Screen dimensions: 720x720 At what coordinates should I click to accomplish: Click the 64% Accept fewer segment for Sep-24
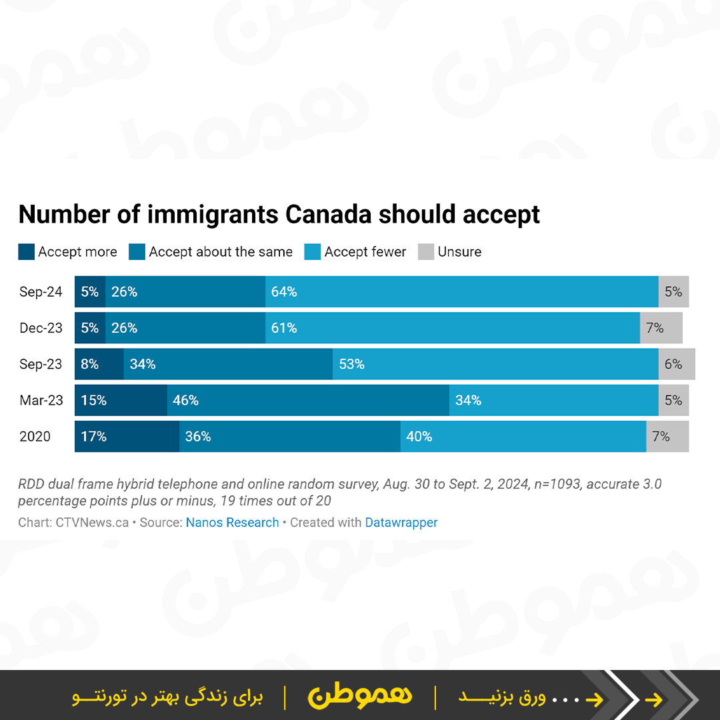click(461, 291)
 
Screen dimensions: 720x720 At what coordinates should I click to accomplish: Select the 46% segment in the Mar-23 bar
click(308, 400)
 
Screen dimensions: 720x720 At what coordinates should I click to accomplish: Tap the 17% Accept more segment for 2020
click(127, 437)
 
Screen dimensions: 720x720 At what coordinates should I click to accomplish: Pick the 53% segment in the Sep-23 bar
click(495, 364)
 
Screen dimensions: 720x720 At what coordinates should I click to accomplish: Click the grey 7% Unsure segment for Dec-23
click(661, 328)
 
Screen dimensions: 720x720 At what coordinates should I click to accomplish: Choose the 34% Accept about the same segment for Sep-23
click(228, 364)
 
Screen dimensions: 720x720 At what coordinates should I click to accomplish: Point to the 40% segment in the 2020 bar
click(523, 437)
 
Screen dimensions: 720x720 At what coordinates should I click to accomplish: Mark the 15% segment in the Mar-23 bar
click(121, 400)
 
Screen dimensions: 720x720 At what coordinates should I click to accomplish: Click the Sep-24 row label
click(41, 292)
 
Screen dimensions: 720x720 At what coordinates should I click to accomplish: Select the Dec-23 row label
click(41, 328)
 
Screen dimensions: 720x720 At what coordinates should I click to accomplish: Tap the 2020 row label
click(35, 437)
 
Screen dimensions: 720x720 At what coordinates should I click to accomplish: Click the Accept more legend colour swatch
click(26, 252)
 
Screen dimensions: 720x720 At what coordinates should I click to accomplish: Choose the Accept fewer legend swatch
click(312, 252)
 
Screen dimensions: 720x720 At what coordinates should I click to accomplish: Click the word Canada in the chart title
click(327, 215)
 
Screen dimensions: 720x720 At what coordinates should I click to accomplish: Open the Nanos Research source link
click(232, 523)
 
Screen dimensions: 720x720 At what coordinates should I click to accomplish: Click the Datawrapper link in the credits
click(401, 523)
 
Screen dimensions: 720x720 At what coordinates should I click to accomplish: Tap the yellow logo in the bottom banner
click(360, 696)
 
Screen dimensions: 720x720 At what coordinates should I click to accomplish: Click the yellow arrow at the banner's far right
click(655, 699)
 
